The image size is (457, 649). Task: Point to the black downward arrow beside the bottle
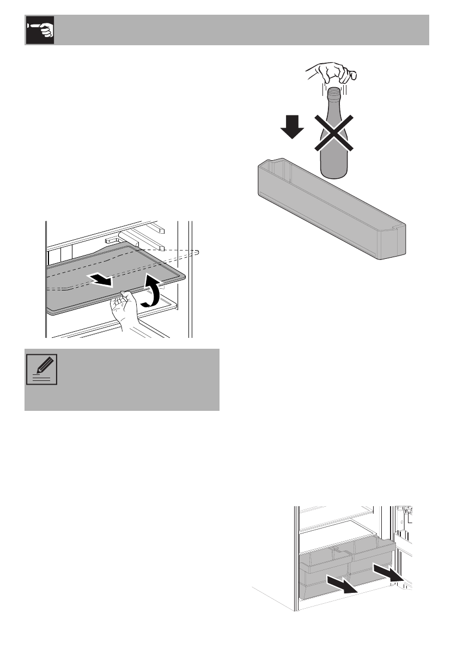(x=292, y=127)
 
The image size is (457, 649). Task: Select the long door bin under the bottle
(x=332, y=213)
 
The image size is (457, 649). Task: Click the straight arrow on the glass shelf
(x=102, y=280)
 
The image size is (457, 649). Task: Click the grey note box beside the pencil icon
(x=136, y=380)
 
